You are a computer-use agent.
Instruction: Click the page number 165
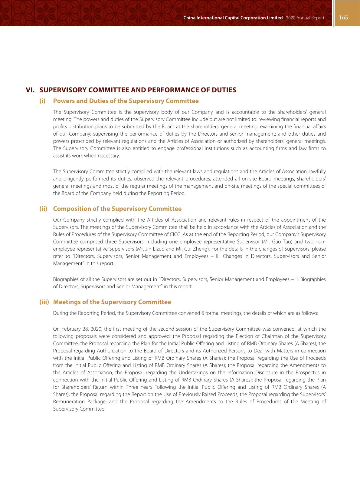tap(343, 18)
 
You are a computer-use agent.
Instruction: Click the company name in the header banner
tap(233, 18)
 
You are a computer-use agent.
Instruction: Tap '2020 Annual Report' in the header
tap(305, 18)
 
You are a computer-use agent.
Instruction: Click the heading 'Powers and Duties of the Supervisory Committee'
tap(126, 101)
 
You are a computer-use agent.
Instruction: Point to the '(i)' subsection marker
tap(42, 101)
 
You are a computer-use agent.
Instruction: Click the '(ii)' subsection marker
tap(43, 209)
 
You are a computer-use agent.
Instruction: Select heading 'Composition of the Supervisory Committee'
tap(117, 209)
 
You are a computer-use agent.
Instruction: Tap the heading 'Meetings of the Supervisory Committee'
tap(112, 302)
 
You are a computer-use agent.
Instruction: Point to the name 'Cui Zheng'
tap(198, 249)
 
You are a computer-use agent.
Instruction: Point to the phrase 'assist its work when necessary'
tap(86, 156)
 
